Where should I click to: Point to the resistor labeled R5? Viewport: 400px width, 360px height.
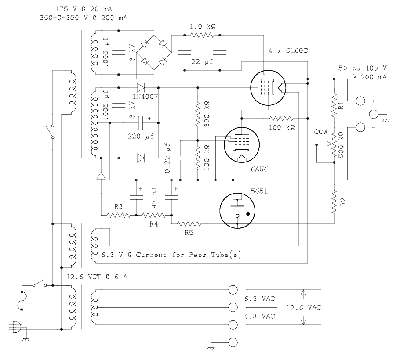pos(189,224)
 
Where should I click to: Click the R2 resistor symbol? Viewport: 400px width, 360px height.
pos(334,202)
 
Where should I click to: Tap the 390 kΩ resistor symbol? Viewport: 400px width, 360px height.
pos(198,114)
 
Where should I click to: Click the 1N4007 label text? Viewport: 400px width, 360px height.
pos(145,96)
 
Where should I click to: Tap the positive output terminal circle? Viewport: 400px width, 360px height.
pos(360,101)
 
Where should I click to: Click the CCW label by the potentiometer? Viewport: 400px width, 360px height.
pos(320,132)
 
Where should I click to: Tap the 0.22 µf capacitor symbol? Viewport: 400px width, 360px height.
pos(180,158)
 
